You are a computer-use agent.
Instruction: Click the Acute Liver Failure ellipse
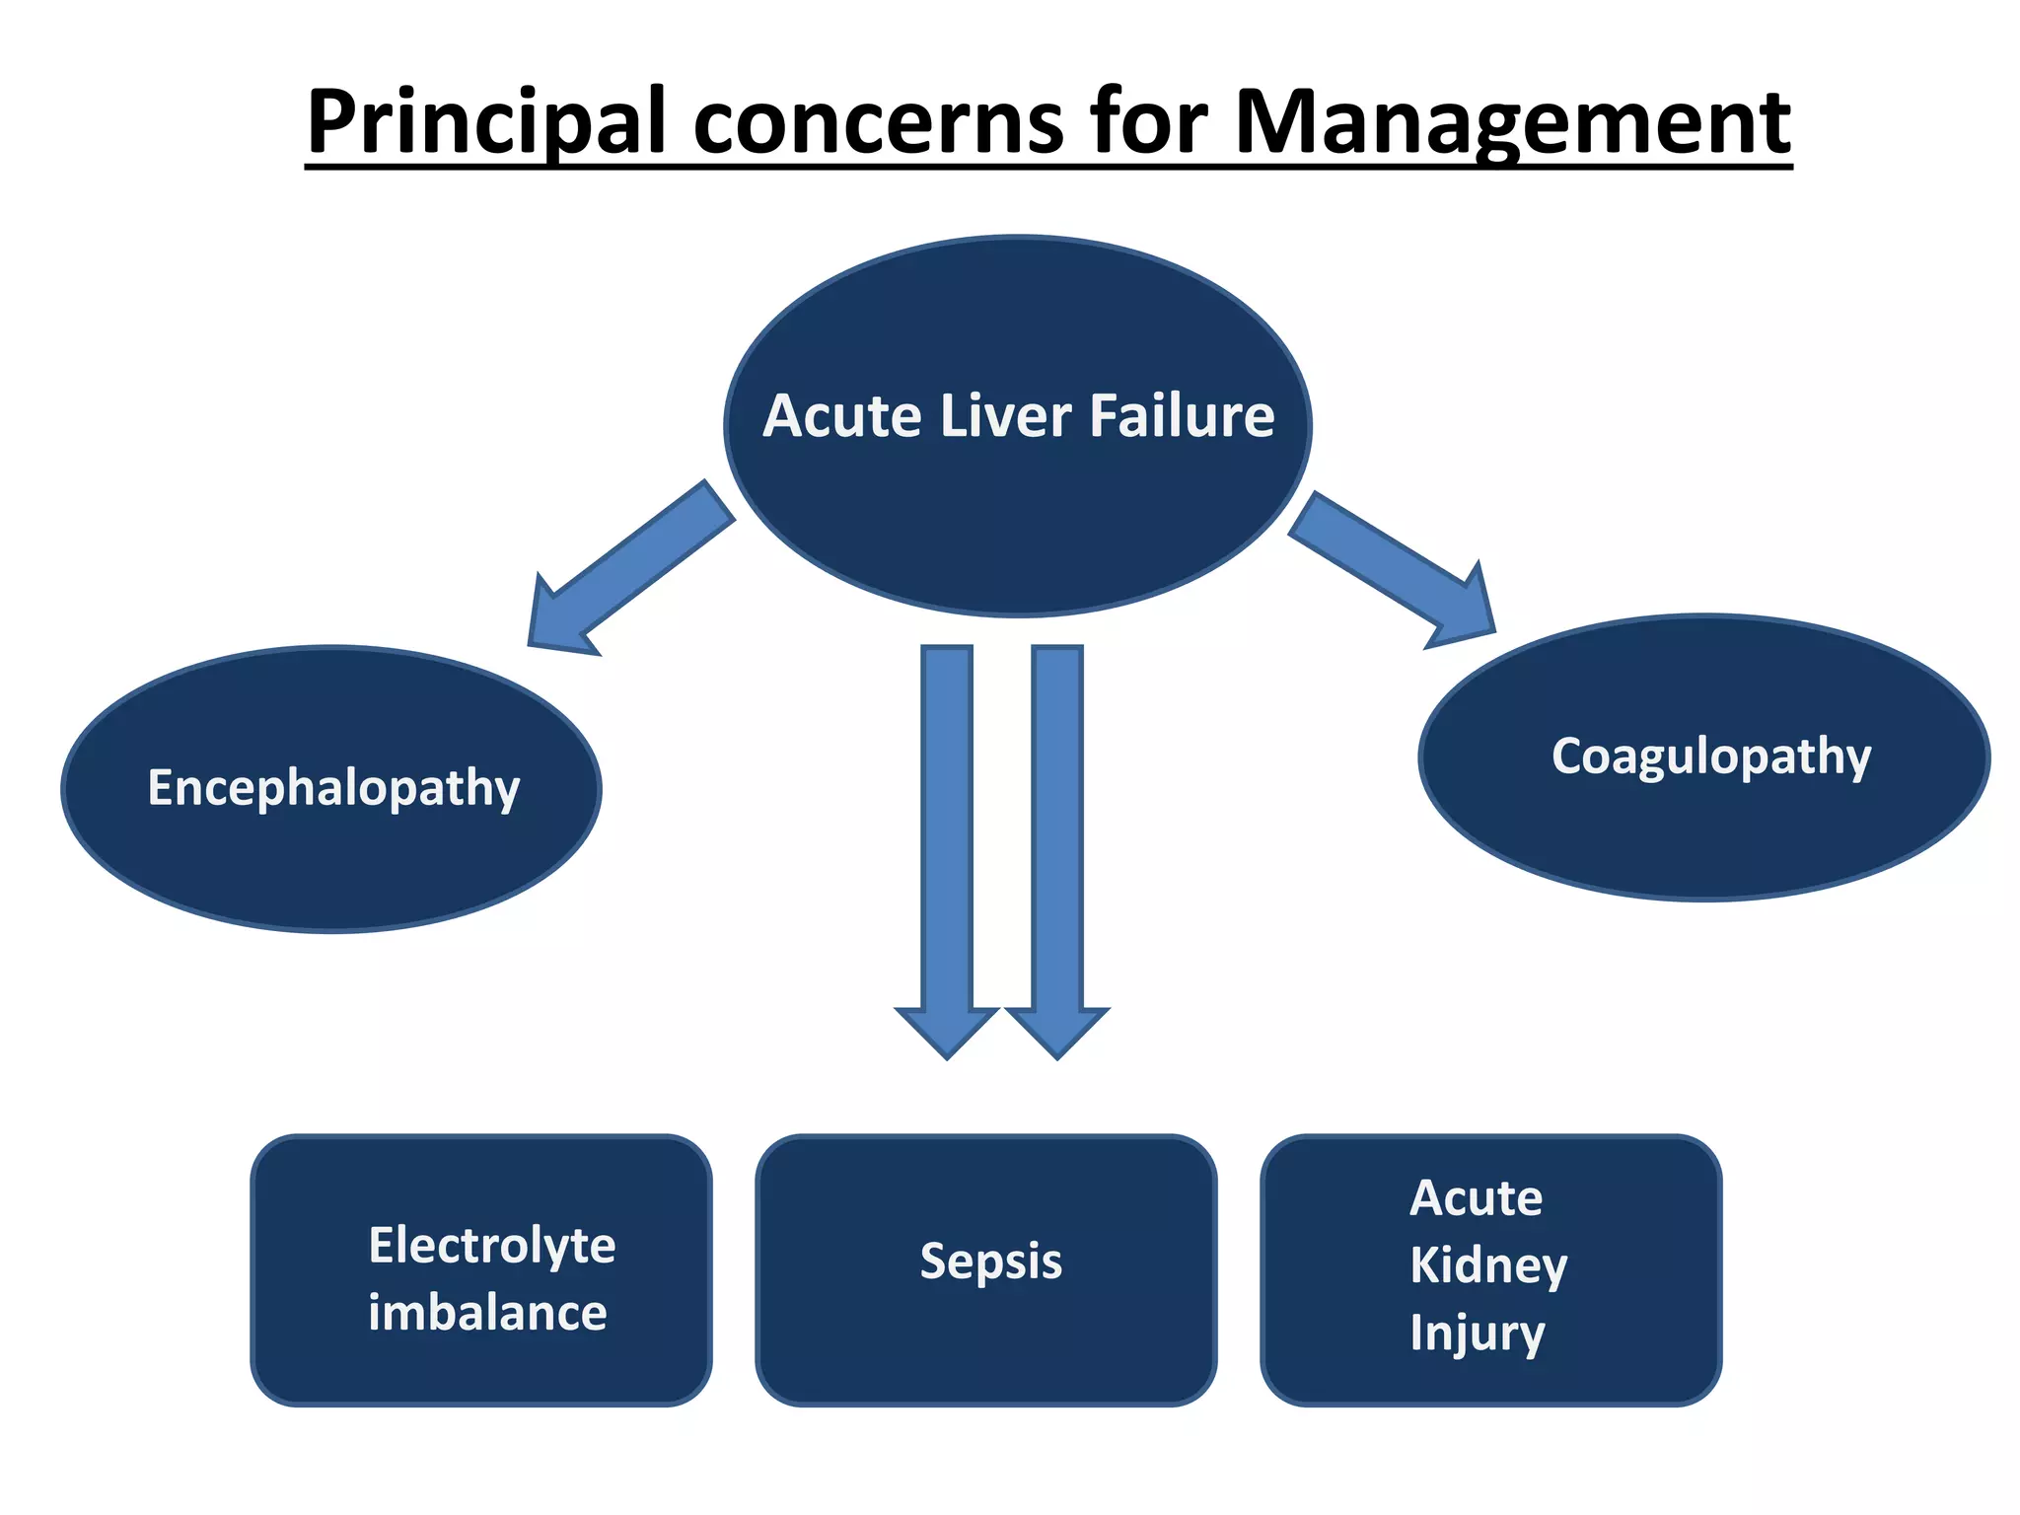point(1018,513)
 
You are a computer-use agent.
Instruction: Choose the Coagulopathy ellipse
point(1703,829)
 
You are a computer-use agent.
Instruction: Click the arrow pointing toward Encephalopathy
point(621,572)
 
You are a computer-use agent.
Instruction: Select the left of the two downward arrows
point(947,848)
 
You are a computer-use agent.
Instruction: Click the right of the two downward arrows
point(1057,848)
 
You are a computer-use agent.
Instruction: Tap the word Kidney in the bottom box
point(1487,1265)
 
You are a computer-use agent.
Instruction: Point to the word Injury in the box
point(1477,1333)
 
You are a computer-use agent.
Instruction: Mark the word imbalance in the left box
point(487,1313)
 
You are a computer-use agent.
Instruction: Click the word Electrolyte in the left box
point(491,1245)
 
